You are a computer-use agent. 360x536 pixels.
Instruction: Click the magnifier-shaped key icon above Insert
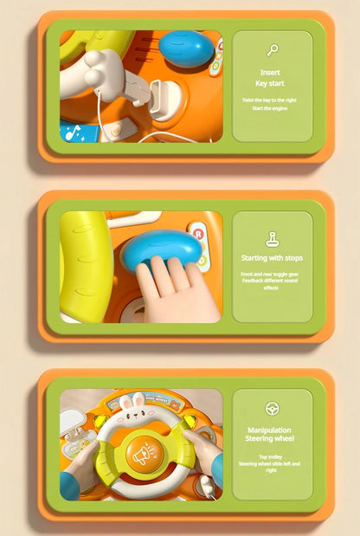272,50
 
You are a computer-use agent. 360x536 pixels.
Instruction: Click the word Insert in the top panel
271,73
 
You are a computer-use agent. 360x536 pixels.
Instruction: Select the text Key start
271,83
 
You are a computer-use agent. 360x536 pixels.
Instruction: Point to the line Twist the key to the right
271,100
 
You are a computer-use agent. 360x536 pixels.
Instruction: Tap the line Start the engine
271,108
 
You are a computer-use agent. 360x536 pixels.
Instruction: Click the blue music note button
79,132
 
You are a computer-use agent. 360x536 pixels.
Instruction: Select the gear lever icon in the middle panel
272,238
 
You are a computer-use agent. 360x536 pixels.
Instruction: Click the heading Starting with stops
272,258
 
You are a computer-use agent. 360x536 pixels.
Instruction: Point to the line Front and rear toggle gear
272,274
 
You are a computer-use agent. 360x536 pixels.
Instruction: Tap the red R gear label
198,234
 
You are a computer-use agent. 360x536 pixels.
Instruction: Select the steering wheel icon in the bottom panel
272,408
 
